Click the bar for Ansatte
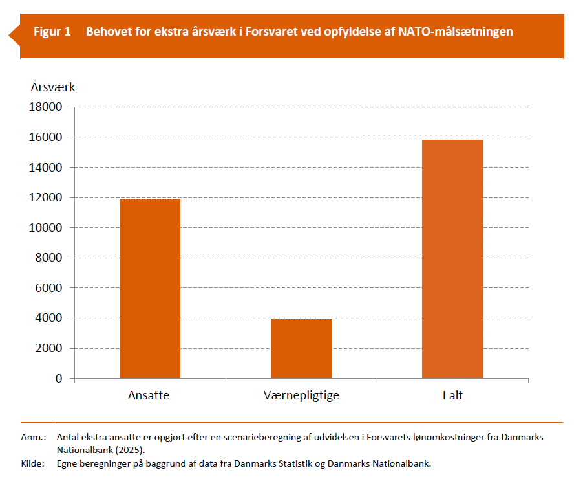tap(150, 288)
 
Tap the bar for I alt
tap(452, 259)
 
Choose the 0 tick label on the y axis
tap(59, 378)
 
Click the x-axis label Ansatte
tap(149, 395)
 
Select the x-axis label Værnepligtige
tap(301, 395)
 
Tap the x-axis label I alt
tap(452, 395)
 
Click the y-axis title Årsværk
tap(53, 86)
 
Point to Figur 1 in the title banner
tap(52, 31)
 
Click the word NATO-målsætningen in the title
tap(456, 31)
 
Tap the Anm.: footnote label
tap(33, 437)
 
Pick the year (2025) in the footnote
tap(132, 449)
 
